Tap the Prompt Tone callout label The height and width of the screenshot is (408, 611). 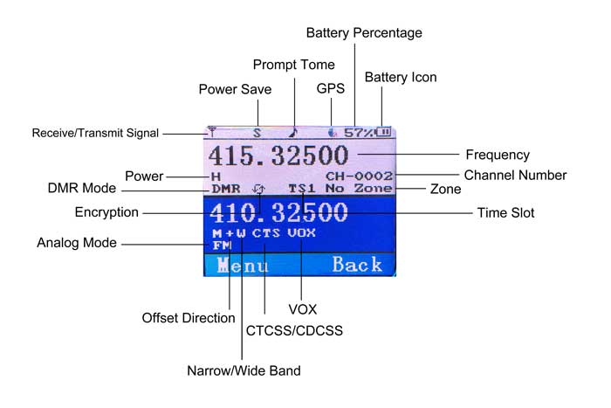click(293, 65)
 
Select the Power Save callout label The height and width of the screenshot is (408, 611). click(235, 89)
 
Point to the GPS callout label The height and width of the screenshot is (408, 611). click(331, 88)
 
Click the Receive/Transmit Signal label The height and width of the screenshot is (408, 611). click(95, 134)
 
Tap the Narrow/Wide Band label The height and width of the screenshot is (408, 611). click(244, 370)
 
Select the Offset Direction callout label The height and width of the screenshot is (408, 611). click(189, 318)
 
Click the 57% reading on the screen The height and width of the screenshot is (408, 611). click(359, 133)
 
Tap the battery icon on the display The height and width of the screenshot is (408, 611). click(383, 133)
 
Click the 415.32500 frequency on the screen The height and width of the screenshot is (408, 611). click(278, 156)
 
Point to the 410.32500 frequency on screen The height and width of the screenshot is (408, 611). click(278, 212)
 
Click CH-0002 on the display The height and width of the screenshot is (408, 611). click(359, 176)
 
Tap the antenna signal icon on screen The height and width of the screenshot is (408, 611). click(212, 133)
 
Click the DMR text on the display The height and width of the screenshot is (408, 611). click(226, 188)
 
